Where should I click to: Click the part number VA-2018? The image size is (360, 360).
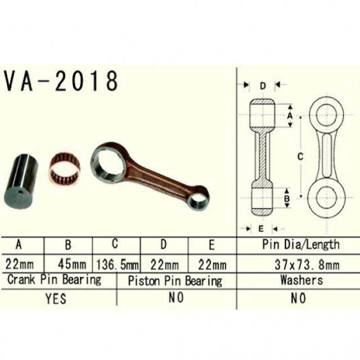(61, 82)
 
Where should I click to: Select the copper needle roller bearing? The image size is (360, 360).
(65, 169)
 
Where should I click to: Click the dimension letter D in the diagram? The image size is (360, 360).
(263, 86)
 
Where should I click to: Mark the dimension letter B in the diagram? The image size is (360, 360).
(286, 198)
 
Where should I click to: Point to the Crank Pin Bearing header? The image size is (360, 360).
(55, 280)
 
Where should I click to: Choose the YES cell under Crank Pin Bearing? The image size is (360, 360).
(56, 298)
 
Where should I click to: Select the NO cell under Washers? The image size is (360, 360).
(298, 298)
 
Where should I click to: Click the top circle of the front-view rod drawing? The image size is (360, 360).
(327, 115)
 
